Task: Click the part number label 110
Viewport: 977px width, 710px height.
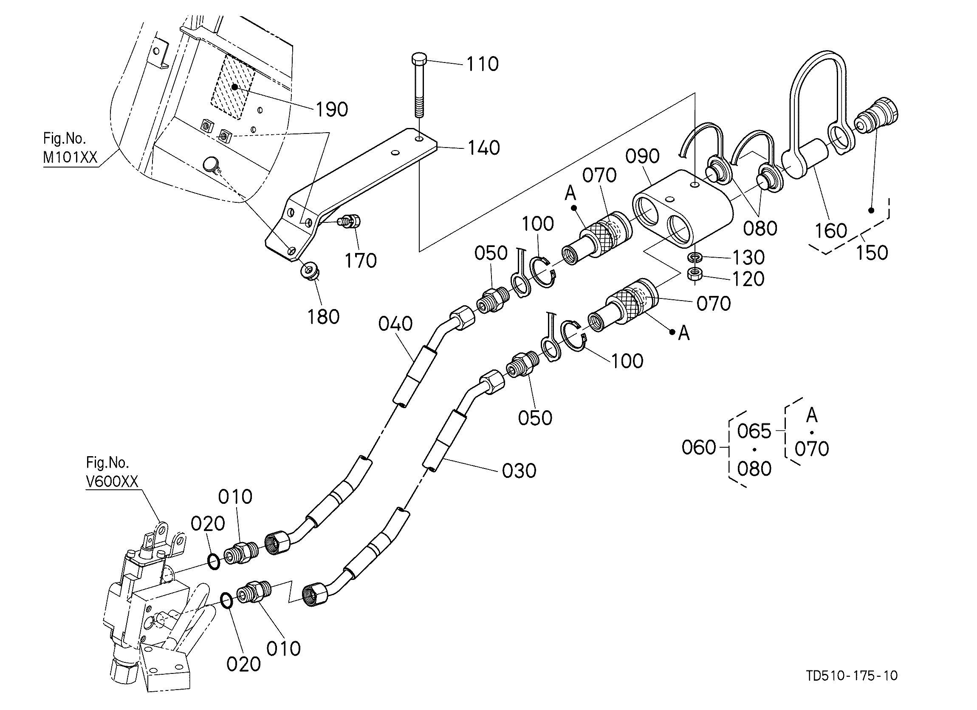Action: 483,64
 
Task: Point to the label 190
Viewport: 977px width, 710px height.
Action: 332,110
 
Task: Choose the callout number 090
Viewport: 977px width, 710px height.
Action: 642,156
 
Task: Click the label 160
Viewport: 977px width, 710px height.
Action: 831,230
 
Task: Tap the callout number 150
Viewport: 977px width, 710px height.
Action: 872,253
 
